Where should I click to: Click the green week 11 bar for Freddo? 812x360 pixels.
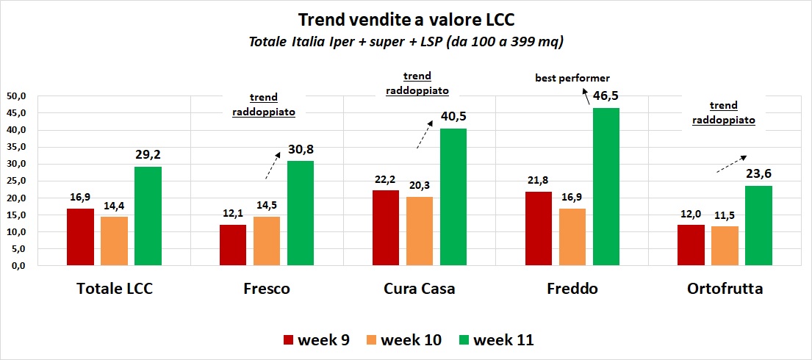[x=606, y=187]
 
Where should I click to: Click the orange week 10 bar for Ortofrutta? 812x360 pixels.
[x=725, y=245]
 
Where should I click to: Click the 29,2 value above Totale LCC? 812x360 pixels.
[x=148, y=156]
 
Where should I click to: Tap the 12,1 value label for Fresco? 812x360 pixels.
[x=233, y=214]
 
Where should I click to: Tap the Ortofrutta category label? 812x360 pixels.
[x=725, y=289]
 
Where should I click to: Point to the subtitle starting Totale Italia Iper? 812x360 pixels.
[x=406, y=43]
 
